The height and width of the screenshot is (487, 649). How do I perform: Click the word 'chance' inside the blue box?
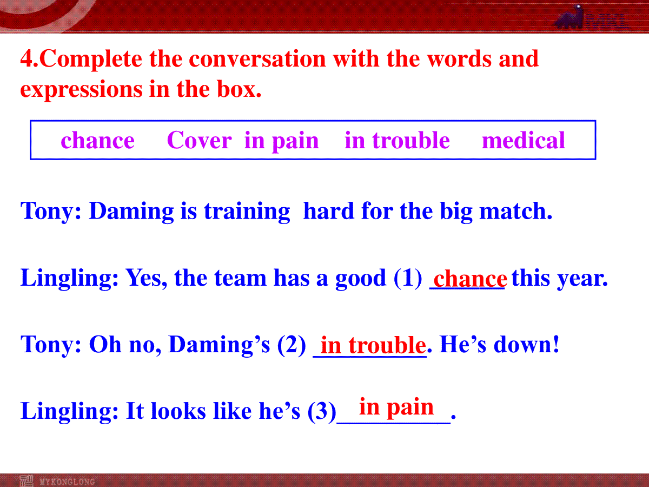[x=97, y=140]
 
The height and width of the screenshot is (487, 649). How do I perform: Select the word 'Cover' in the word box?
[x=199, y=140]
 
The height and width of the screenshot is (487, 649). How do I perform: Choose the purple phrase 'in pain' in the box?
[x=281, y=142]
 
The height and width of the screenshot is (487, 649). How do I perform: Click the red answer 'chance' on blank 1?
[x=470, y=279]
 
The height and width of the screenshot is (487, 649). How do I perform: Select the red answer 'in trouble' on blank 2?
[x=373, y=345]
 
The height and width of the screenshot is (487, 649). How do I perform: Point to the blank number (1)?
[x=408, y=278]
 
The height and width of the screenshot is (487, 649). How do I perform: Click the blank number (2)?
[x=292, y=345]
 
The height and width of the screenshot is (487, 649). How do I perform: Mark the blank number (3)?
[x=322, y=411]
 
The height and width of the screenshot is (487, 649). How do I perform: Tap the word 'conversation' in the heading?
[x=257, y=59]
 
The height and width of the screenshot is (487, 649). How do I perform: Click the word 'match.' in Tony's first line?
[x=515, y=211]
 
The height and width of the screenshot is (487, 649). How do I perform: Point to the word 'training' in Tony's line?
[x=247, y=212]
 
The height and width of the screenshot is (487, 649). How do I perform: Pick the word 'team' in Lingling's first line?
[x=240, y=278]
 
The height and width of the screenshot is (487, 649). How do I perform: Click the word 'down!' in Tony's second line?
[x=527, y=344]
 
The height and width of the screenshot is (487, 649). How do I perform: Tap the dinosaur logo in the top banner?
[x=569, y=17]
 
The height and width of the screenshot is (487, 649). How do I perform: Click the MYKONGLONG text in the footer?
[x=67, y=482]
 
